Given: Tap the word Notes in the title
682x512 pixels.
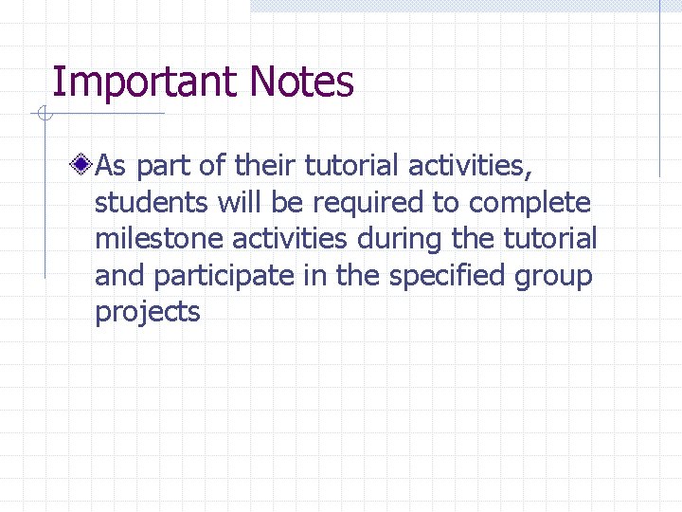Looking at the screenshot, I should pos(302,82).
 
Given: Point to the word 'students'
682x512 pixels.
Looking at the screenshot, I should pos(151,203).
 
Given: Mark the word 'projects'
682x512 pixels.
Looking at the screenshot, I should pos(148,314).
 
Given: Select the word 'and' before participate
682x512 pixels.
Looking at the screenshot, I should pos(119,277).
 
